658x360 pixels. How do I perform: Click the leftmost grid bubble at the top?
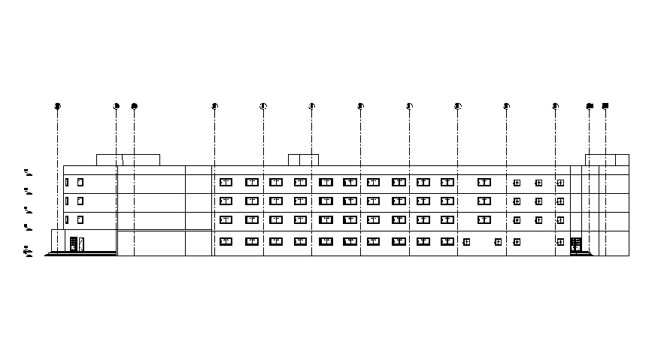point(57,106)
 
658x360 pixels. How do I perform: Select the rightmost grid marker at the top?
point(605,106)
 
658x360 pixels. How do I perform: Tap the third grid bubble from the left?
point(135,106)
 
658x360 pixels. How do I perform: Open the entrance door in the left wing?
point(74,244)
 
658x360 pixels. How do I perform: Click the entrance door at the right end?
point(576,244)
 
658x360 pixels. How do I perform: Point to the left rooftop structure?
point(128,160)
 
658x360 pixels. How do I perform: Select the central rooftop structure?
point(304,160)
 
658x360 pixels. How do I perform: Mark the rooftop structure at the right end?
point(607,160)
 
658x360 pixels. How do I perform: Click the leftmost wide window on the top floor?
point(226,182)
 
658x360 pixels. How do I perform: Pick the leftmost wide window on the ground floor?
point(226,241)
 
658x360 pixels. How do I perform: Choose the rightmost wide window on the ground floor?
point(447,241)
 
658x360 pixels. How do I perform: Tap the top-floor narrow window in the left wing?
point(67,182)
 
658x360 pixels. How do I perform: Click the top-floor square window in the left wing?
point(80,182)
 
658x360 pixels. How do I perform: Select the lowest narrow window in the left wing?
point(67,219)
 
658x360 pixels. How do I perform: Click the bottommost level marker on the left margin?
point(27,251)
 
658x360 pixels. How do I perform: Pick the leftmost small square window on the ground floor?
point(466,242)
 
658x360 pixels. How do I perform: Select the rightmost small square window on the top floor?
point(560,183)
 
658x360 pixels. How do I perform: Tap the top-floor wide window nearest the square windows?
point(484,182)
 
